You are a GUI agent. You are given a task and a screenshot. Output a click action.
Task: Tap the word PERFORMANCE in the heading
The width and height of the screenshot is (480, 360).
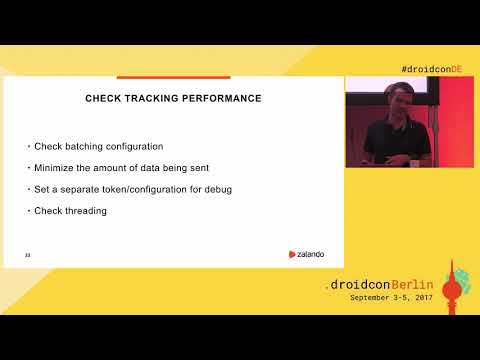[220, 98]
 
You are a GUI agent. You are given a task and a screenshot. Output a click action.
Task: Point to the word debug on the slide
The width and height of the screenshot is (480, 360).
[217, 189]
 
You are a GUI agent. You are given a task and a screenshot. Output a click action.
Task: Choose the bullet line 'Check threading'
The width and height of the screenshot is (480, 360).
[70, 210]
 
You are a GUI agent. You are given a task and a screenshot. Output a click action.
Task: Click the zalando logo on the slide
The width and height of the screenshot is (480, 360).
[306, 254]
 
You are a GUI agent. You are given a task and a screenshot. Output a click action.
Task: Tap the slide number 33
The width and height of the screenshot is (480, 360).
[27, 255]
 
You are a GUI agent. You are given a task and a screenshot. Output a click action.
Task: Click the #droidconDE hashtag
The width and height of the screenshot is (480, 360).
[431, 68]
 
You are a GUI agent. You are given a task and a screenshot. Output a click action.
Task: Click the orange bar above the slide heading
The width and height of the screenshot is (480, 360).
[174, 77]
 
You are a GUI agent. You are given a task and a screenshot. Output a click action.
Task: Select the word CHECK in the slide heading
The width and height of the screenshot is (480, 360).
[104, 98]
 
